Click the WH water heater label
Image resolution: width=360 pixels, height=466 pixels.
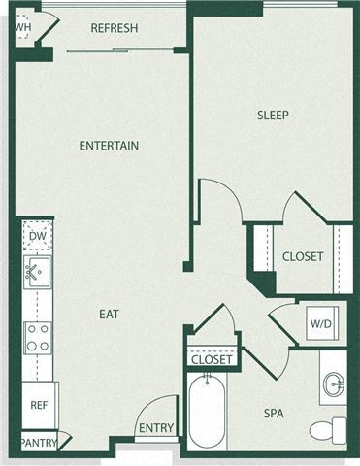coord(22,27)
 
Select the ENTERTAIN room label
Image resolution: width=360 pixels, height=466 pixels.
coord(109,146)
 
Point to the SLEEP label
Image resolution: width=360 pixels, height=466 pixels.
coord(273,116)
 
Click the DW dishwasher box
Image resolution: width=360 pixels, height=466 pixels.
coord(38,236)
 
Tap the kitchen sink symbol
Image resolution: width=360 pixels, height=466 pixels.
coord(38,270)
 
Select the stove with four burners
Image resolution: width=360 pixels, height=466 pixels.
coord(38,337)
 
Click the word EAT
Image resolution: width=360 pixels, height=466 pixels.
coord(110,314)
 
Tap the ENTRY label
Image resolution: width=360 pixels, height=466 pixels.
coord(155,428)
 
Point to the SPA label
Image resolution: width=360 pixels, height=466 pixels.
coord(275,413)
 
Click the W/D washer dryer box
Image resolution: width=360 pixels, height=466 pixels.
coord(320,322)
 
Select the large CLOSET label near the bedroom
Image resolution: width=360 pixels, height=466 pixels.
coord(302,257)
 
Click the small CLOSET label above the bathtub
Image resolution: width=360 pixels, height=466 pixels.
coord(211,360)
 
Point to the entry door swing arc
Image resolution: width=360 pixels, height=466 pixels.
coord(153,413)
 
